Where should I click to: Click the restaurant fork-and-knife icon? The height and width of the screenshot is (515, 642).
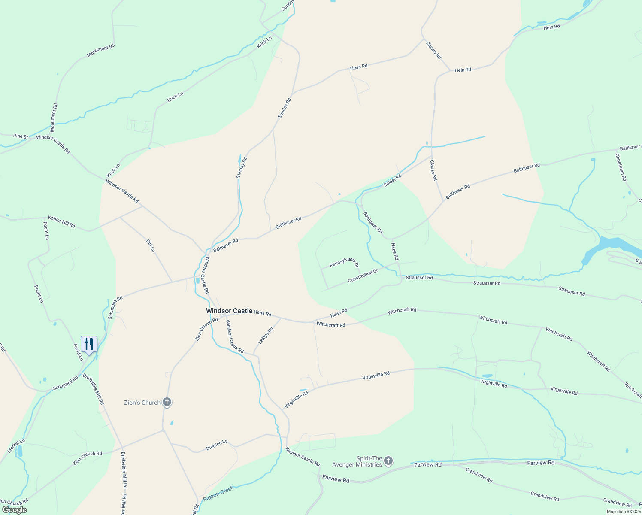pyautogui.click(x=89, y=344)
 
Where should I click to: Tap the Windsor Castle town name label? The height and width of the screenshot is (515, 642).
pyautogui.click(x=229, y=311)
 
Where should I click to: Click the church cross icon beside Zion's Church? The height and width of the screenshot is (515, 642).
pyautogui.click(x=167, y=402)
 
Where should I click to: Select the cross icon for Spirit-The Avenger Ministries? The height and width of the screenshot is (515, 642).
pyautogui.click(x=388, y=461)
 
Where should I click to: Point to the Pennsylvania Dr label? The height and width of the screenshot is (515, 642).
pyautogui.click(x=344, y=262)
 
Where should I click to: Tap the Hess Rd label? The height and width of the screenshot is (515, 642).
pyautogui.click(x=359, y=67)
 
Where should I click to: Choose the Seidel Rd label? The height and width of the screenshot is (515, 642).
pyautogui.click(x=392, y=180)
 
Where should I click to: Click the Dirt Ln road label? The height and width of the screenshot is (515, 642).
pyautogui.click(x=150, y=245)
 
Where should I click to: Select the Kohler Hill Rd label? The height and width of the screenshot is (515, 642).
pyautogui.click(x=61, y=221)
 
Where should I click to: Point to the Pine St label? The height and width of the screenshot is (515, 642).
pyautogui.click(x=20, y=136)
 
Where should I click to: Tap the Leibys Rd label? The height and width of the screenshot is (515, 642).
pyautogui.click(x=266, y=336)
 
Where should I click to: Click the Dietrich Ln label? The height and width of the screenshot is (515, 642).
pyautogui.click(x=217, y=445)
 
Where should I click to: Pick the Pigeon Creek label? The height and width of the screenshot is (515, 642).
pyautogui.click(x=218, y=494)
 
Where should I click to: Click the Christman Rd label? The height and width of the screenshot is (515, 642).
pyautogui.click(x=621, y=167)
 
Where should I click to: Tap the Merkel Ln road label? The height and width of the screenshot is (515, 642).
pyautogui.click(x=16, y=446)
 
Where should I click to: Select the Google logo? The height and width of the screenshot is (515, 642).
pyautogui.click(x=14, y=510)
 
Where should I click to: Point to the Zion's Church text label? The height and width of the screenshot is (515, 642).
pyautogui.click(x=142, y=403)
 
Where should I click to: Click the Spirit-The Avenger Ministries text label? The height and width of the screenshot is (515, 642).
pyautogui.click(x=357, y=461)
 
